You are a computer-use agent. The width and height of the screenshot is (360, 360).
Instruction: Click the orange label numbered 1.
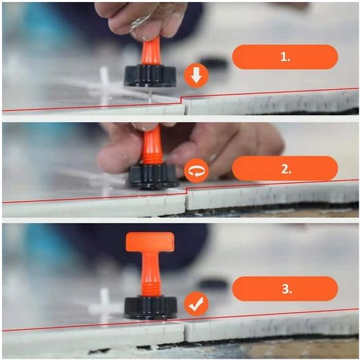285,57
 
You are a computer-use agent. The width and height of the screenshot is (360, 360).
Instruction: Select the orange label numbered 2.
285,169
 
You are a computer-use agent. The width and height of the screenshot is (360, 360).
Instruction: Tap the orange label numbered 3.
285,289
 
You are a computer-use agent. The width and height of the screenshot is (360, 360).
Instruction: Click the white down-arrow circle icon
196,75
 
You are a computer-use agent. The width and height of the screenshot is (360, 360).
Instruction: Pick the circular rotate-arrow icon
196,171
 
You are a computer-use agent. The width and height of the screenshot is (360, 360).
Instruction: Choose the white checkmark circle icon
196,304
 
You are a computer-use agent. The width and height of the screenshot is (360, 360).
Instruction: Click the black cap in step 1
150,75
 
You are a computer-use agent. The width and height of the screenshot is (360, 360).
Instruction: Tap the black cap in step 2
154,176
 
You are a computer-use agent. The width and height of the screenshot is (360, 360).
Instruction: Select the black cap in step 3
151,308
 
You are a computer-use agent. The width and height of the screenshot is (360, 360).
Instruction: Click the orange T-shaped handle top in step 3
150,241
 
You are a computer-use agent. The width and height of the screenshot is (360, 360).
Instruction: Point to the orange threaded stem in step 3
150,273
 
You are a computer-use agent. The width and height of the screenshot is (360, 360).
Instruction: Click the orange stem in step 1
151,52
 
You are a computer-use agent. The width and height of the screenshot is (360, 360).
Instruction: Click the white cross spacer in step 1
104,86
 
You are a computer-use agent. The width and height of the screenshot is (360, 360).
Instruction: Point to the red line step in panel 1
181,99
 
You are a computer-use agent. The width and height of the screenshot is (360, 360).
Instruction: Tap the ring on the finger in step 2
213,158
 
